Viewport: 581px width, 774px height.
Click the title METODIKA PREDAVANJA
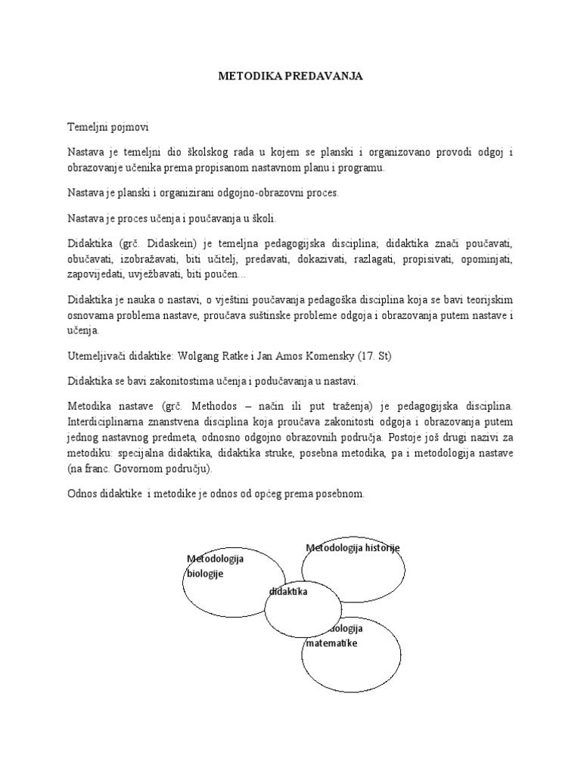290,76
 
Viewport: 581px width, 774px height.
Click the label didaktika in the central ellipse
288,593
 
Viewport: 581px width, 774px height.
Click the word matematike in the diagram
332,642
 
